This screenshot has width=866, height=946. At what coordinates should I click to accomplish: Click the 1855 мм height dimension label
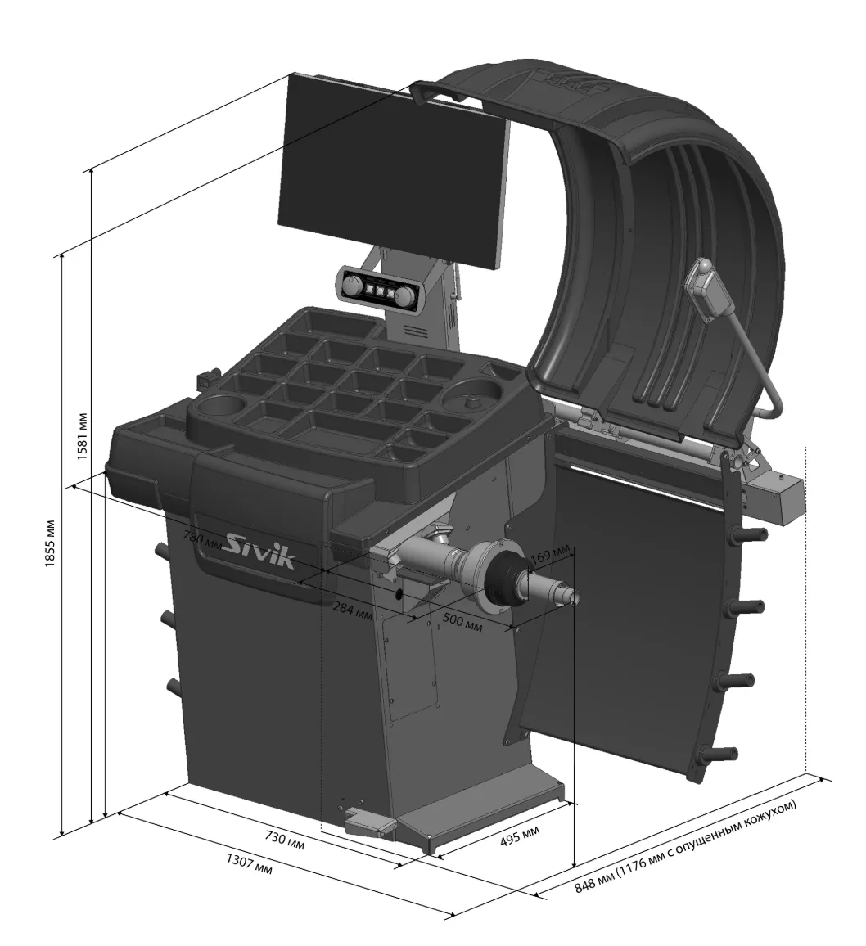[x=51, y=543]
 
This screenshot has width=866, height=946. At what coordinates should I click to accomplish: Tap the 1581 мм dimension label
[x=83, y=436]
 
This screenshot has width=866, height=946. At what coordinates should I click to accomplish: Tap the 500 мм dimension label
[x=462, y=621]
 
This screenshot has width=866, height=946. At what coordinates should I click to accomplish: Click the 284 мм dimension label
[x=353, y=610]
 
